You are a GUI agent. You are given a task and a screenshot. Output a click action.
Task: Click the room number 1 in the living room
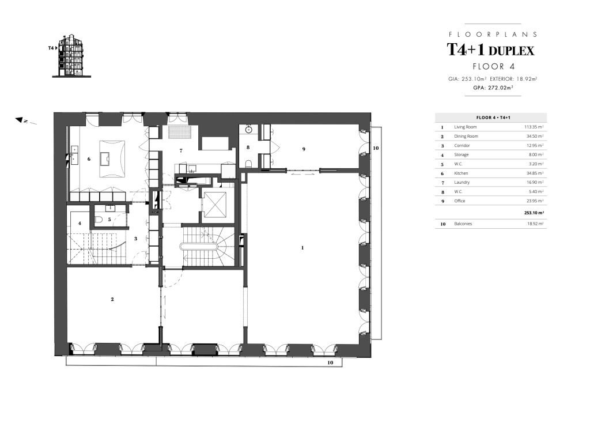click(302, 248)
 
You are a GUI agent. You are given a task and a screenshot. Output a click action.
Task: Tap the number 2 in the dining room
click(112, 299)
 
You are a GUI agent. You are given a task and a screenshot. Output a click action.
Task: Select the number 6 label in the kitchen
click(89, 159)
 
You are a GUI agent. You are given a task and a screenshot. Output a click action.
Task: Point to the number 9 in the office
click(304, 149)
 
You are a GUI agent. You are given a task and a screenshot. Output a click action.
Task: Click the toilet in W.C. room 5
click(98, 220)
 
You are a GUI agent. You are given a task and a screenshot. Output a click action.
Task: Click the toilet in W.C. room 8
click(248, 163)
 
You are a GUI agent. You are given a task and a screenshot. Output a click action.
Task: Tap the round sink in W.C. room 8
click(248, 130)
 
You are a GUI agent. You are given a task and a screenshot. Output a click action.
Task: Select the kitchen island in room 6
click(112, 159)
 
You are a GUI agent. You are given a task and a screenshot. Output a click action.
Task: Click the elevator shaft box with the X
click(215, 205)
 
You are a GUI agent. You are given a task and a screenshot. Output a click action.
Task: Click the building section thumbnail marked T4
click(71, 56)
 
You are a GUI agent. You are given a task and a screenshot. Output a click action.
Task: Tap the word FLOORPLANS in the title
click(493, 34)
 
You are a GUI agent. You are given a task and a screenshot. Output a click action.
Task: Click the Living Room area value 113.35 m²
click(534, 127)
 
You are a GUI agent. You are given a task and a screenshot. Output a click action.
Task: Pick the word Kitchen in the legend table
click(461, 173)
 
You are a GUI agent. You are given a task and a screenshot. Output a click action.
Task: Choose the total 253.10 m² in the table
click(534, 213)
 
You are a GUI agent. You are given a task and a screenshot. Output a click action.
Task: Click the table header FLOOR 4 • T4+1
click(491, 118)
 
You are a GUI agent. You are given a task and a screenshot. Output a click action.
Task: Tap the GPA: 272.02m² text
click(493, 88)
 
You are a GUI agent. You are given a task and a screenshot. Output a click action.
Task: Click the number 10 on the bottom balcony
click(330, 362)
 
